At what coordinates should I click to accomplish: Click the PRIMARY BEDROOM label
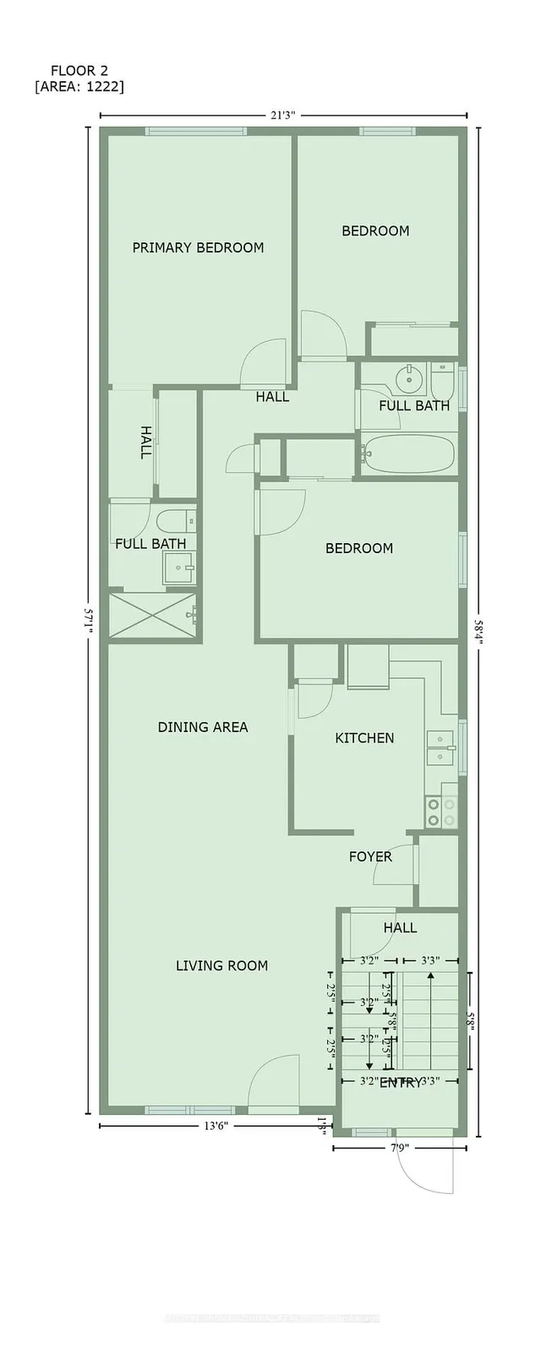[x=198, y=247]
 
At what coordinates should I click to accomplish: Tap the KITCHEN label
[x=364, y=738]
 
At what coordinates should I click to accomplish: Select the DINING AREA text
[x=203, y=727]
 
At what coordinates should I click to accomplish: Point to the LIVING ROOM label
[x=221, y=965]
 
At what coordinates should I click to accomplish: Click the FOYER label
[x=370, y=856]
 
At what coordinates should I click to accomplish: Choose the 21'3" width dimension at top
[x=283, y=116]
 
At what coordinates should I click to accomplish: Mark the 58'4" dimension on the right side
[x=479, y=630]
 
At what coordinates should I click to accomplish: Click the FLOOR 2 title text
[x=79, y=71]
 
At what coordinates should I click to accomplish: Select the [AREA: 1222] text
[x=79, y=86]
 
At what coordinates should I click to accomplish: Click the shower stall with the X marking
[x=152, y=616]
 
